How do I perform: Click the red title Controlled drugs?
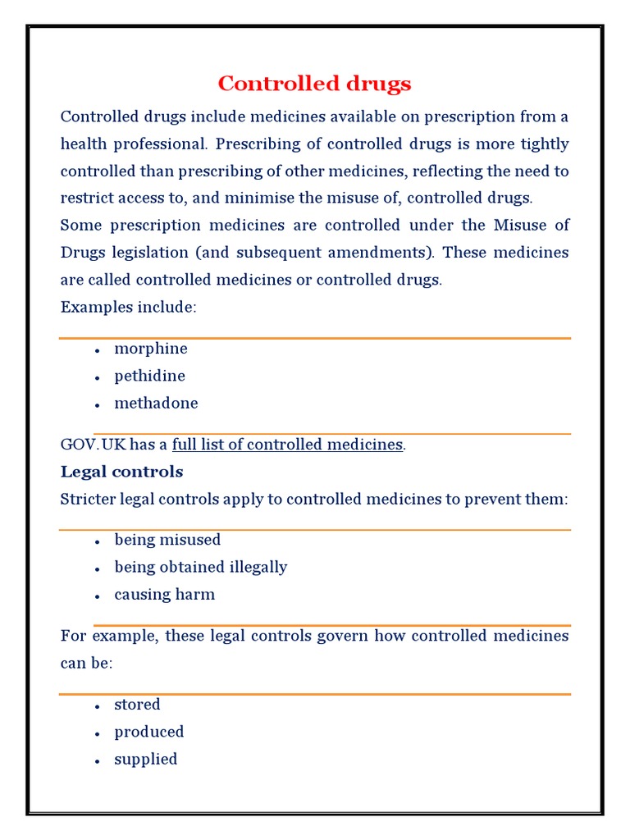(314, 84)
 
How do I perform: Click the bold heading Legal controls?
(121, 472)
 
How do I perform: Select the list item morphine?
(151, 349)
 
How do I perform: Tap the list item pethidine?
(149, 376)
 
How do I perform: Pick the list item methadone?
(156, 403)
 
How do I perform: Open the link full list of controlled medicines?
(287, 445)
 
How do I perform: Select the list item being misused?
(167, 540)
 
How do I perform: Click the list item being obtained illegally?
(200, 567)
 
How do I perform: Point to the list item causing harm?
(164, 594)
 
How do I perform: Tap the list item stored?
(137, 704)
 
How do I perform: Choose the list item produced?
(148, 731)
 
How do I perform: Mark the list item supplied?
(145, 759)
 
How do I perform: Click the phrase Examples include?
(128, 307)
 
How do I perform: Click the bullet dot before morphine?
(97, 350)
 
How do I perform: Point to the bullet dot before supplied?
(97, 760)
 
